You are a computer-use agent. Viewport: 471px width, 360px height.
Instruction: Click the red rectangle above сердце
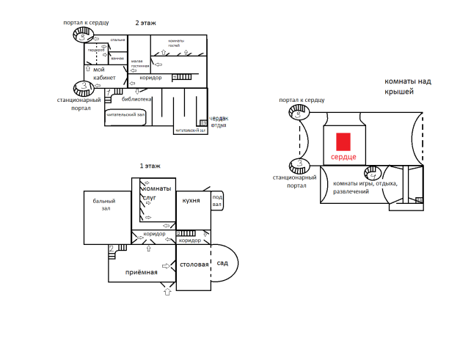point(342,141)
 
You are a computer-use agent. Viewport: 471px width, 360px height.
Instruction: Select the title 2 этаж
point(146,23)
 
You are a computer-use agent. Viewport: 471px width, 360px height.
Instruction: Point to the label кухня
point(191,190)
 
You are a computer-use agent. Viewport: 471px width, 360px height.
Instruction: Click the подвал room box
point(217,201)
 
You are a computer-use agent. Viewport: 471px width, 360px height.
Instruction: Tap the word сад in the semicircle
point(222,263)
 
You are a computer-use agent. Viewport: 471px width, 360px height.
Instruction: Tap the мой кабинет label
point(104,73)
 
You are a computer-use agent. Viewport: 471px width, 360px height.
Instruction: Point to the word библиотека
point(137,99)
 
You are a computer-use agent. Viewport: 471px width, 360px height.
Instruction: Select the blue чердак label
point(219,119)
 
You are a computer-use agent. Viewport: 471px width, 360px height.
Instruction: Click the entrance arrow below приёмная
point(167,291)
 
